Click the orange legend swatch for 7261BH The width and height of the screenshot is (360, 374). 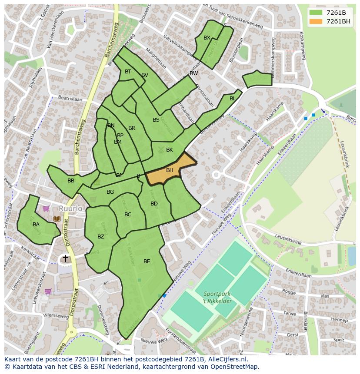tap(316, 21)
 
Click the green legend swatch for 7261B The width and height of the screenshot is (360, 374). tap(316, 13)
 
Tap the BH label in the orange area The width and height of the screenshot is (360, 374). tap(170, 170)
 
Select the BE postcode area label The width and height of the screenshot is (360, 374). tap(147, 261)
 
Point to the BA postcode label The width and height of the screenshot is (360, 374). tap(36, 225)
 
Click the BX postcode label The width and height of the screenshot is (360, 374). tap(207, 38)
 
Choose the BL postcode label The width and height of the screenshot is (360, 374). tap(233, 99)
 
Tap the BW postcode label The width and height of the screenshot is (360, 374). tap(194, 73)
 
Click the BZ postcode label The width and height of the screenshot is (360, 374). tap(101, 237)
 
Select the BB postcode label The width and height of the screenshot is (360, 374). tap(71, 181)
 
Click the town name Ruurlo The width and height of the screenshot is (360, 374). tap(70, 209)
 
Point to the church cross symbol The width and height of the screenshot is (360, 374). tap(66, 259)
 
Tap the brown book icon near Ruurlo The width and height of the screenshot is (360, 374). tap(57, 219)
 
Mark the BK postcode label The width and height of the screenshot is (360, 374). tap(170, 150)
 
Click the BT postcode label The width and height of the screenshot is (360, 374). tap(128, 72)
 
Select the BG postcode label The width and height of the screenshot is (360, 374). tap(110, 192)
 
